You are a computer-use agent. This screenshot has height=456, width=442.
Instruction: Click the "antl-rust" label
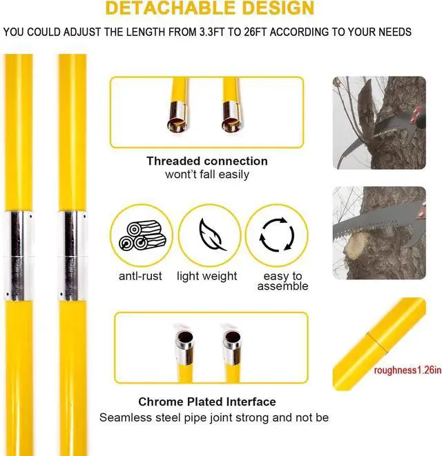(x=142, y=276)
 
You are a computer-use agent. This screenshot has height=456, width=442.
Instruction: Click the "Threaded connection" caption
(x=207, y=161)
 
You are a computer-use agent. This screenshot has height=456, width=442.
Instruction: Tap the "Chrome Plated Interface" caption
(x=207, y=402)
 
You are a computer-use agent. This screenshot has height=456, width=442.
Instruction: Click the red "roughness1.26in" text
(x=407, y=370)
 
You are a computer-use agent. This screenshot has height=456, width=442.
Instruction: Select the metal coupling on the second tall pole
(x=72, y=255)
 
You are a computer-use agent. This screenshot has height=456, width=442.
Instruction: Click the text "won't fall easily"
(x=207, y=175)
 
